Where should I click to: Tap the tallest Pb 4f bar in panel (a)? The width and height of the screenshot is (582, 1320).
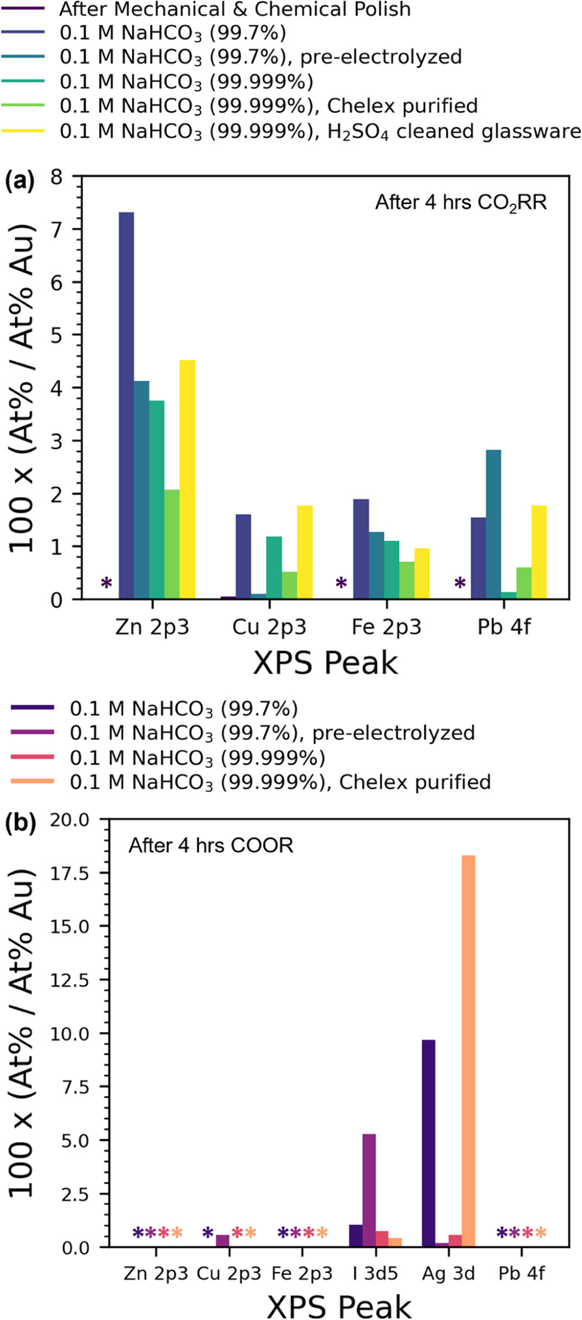coord(493,524)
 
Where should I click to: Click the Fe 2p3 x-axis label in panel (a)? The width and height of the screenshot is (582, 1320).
coord(386,627)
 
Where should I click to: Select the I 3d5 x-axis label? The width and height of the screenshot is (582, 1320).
coord(375,1273)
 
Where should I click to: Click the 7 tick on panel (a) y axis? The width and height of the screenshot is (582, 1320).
coord(57,229)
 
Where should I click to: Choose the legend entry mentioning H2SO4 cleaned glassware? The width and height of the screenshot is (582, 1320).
coord(320,131)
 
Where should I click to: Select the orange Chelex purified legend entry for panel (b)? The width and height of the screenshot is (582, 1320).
coord(280,782)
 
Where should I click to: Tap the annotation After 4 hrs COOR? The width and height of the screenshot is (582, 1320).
coord(211,845)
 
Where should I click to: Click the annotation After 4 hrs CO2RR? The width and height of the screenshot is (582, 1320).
coord(461,202)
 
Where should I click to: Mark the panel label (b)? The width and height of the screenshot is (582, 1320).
coord(20,823)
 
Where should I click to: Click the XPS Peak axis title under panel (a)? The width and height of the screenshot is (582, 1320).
coord(325,663)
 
